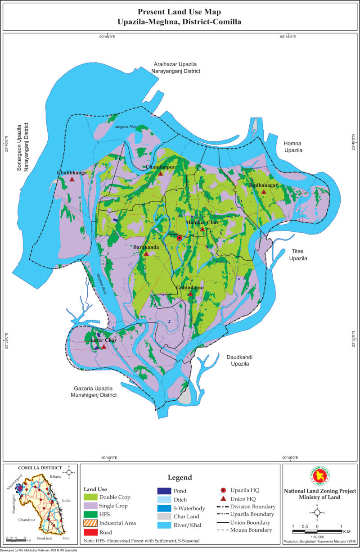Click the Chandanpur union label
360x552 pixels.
[160, 167]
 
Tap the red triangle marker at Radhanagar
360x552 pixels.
[264, 192]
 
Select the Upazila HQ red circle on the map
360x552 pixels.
[179, 238]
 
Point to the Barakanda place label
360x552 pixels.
[146, 247]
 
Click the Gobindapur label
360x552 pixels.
[190, 288]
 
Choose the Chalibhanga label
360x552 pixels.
[71, 173]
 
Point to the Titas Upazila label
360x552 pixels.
[297, 256]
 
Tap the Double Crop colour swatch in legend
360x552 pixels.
[90, 497]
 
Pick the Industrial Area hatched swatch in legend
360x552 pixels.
[90, 523]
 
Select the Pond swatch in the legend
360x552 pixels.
[164, 491]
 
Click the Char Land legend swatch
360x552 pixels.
[164, 517]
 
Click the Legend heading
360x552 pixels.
[180, 477]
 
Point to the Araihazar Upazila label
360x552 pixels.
[175, 65]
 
